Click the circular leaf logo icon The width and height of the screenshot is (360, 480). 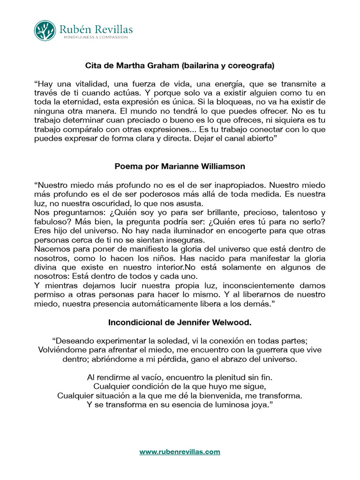click(45, 30)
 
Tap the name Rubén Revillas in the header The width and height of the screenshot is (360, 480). click(96, 29)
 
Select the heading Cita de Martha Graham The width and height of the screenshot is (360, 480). click(180, 65)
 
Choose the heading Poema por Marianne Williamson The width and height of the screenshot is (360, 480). click(180, 166)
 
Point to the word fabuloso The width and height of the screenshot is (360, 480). click(50, 222)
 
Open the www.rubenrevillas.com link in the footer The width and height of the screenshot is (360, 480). click(180, 452)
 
